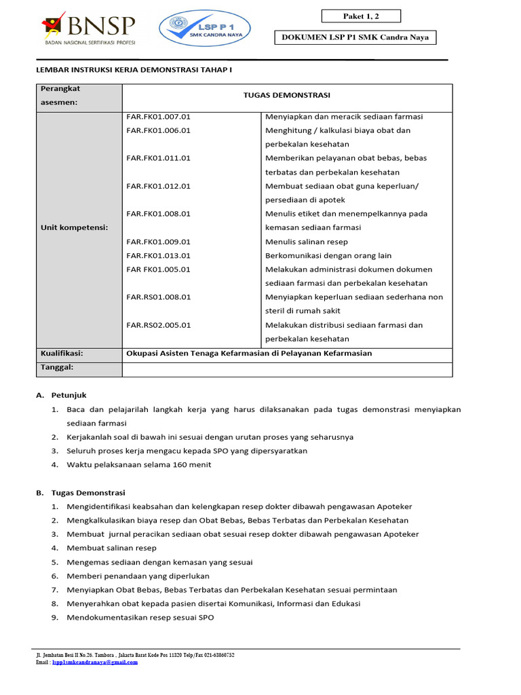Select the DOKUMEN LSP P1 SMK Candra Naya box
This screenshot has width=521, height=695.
point(355,39)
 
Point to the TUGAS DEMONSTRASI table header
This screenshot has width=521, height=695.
point(286,96)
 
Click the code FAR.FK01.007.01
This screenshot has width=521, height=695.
point(159,117)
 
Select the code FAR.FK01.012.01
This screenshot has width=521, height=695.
point(159,186)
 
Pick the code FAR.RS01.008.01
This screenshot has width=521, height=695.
point(159,297)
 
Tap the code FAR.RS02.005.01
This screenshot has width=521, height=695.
point(159,325)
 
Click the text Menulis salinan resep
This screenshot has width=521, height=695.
point(307,242)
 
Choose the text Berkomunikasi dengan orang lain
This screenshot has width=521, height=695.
point(328,256)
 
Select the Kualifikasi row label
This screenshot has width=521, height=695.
point(62,354)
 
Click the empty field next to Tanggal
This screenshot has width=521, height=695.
point(286,369)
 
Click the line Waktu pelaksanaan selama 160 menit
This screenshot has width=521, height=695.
point(139,465)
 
